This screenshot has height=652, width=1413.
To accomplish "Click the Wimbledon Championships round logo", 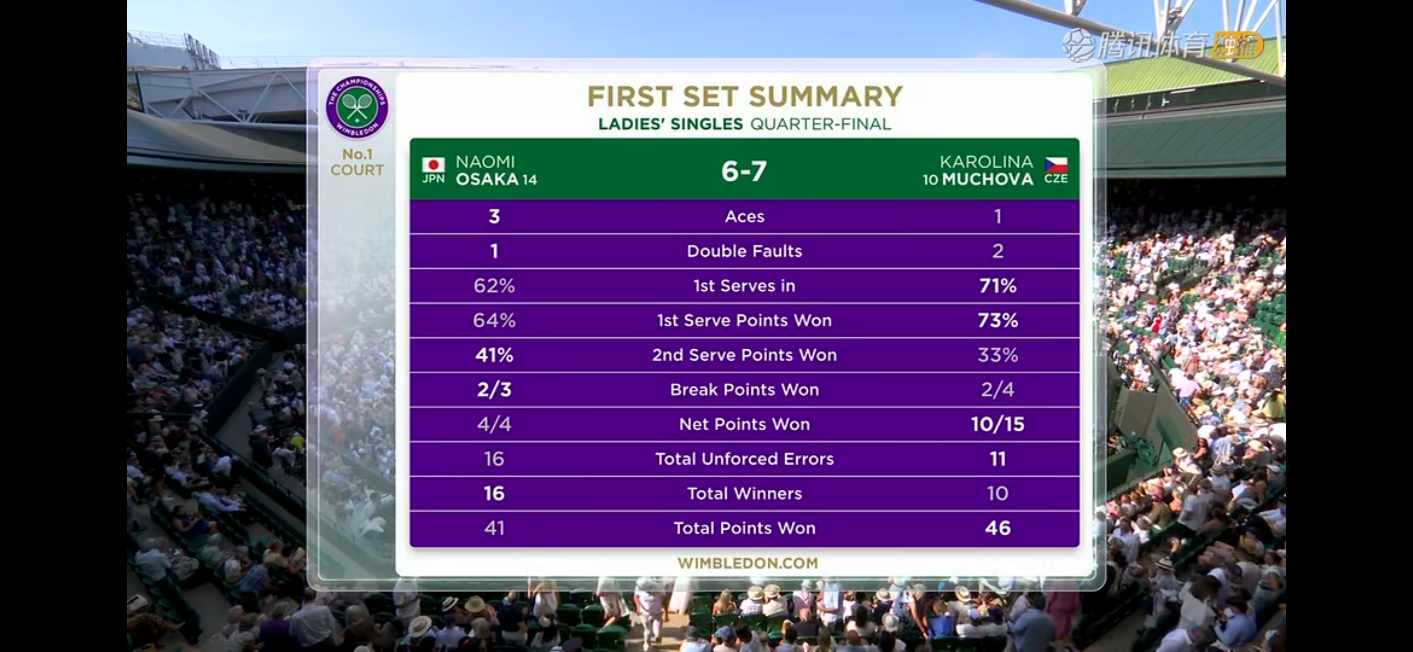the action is coord(357,107).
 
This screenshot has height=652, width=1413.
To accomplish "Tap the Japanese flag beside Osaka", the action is coord(433,165).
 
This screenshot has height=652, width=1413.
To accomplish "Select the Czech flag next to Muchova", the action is coord(1056,165).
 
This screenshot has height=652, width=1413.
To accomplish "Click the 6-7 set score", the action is coord(744,171).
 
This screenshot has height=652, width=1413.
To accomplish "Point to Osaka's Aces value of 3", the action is coord(494,216).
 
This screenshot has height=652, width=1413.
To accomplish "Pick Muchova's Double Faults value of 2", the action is coord(998,251).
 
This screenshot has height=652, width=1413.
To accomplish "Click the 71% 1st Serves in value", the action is coord(998,286).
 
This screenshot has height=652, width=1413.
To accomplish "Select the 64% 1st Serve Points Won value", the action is coord(494,320).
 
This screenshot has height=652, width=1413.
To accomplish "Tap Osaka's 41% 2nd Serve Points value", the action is coord(494,354).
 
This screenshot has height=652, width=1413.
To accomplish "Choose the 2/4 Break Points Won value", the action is coord(998,389).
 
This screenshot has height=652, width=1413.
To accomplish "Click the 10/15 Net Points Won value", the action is coord(998,424).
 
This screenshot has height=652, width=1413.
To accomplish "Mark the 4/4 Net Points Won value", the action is coord(494,424).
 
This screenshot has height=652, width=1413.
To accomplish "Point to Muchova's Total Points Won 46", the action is coord(998,528).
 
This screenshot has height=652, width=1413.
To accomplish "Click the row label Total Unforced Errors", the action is coord(744,458).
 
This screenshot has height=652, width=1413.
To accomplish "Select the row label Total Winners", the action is coord(744,493).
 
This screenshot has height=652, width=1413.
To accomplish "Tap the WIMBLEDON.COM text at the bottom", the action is coord(747,563).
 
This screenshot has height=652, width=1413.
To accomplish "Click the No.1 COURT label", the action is coord(357,162).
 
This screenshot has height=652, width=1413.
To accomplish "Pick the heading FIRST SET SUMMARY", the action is coord(745,97).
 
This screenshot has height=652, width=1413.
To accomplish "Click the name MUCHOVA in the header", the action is coord(987,179).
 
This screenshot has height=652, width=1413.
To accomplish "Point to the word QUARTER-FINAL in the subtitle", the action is coord(821,124).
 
